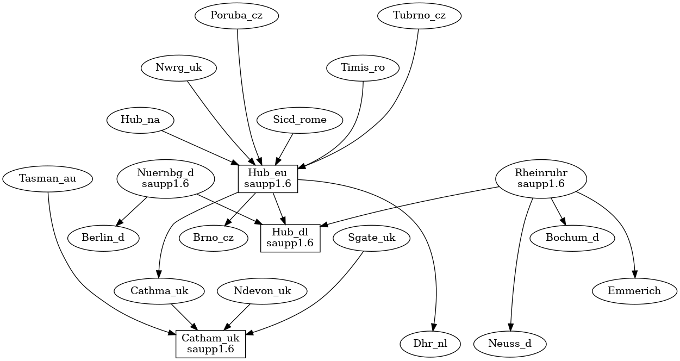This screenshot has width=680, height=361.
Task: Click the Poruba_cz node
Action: (236, 16)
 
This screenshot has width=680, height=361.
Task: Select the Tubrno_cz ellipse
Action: (419, 16)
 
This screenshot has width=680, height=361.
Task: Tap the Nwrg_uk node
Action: (178, 68)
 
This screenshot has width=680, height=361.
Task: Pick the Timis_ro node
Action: (363, 68)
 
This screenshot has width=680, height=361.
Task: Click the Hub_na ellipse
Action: (140, 120)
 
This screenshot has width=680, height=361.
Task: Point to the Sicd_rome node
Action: (300, 120)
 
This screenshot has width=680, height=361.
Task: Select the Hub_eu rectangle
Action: (268, 179)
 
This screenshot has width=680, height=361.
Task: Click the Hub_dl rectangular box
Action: (290, 238)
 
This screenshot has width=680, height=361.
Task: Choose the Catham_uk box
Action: (210, 344)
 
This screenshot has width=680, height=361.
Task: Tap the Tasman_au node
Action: (47, 179)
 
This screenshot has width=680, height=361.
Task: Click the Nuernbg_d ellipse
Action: (165, 179)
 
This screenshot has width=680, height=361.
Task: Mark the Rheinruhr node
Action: (541, 179)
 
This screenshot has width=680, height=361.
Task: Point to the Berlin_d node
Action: (103, 238)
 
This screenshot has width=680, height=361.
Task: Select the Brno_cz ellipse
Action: (214, 238)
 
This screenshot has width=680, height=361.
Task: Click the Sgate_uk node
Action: (372, 238)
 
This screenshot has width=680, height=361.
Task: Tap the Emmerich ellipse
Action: (634, 291)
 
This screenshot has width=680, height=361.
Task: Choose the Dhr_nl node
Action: (430, 344)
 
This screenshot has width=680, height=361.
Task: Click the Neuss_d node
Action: (510, 344)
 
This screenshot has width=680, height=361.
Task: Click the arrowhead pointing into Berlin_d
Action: (119, 222)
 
